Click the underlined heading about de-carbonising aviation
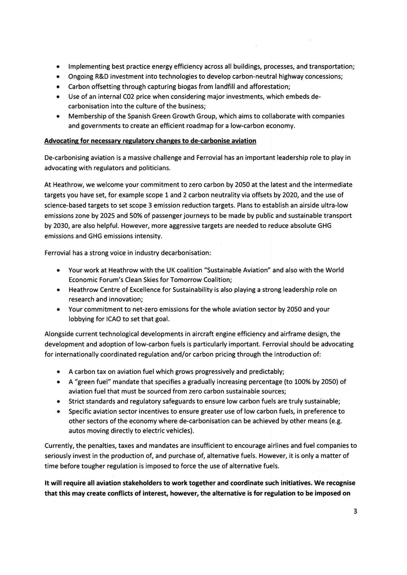pyautogui.click(x=150, y=141)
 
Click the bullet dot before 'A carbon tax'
pyautogui.click(x=58, y=372)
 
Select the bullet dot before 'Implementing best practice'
pyautogui.click(x=58, y=67)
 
